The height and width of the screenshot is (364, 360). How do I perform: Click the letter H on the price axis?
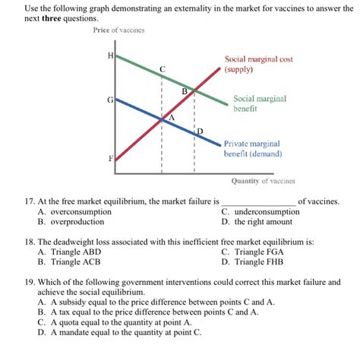[x=111, y=55]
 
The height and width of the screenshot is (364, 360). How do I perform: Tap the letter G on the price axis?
[x=110, y=100]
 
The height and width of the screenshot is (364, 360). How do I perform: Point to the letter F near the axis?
[x=111, y=158]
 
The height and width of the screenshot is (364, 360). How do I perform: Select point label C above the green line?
[x=162, y=69]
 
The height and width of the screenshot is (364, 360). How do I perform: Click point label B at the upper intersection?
[x=184, y=92]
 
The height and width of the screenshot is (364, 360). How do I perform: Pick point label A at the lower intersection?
[x=172, y=118]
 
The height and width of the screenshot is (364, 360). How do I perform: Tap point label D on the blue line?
[x=200, y=131]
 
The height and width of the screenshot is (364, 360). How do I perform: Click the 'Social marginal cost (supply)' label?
[x=258, y=64]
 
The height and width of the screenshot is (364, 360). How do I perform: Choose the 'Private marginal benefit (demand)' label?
[x=252, y=148]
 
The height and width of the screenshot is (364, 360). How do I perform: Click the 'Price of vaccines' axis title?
[x=118, y=30]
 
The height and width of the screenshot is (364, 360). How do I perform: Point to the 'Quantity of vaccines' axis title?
[x=264, y=182]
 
